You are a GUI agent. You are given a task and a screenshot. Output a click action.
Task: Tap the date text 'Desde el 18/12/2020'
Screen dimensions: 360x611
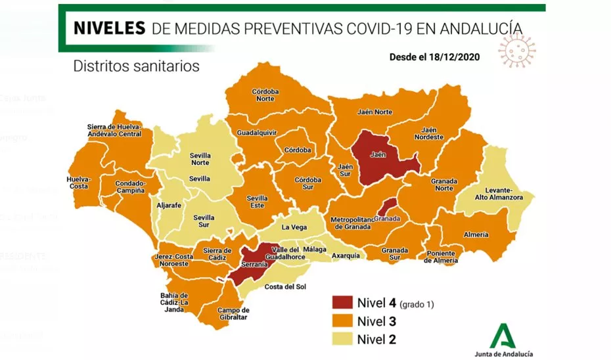point(434,56)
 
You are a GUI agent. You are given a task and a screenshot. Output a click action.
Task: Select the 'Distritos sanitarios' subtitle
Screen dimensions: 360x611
point(136,66)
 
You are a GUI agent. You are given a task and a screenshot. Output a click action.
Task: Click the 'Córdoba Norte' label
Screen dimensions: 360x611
point(265,95)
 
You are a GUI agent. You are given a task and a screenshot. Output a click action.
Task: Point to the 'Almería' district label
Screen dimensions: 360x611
point(476,235)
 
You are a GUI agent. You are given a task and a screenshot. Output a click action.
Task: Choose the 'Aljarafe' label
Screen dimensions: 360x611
point(169,206)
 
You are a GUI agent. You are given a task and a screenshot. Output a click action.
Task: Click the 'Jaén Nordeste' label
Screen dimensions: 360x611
point(429,133)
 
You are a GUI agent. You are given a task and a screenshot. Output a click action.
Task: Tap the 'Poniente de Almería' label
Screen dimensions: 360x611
point(440,257)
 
